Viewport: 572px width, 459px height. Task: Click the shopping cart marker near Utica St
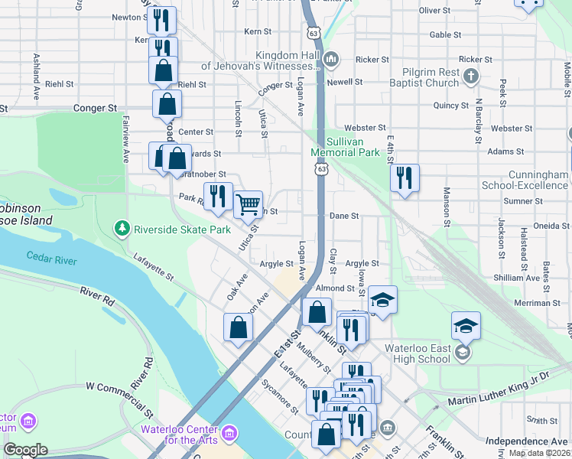[248, 204]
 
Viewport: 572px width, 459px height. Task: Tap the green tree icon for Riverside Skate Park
[121, 229]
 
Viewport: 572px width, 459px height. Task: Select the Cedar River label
[51, 259]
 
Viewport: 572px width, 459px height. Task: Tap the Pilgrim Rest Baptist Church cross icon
[471, 76]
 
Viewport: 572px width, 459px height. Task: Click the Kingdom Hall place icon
[331, 59]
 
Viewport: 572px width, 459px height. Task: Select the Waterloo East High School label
[417, 353]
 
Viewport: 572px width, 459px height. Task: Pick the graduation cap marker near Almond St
[382, 299]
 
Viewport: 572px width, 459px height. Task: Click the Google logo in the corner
[25, 450]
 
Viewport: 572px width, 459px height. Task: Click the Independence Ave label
[527, 441]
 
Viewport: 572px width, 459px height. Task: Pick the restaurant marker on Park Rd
[218, 196]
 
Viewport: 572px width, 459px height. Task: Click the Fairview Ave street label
[125, 139]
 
